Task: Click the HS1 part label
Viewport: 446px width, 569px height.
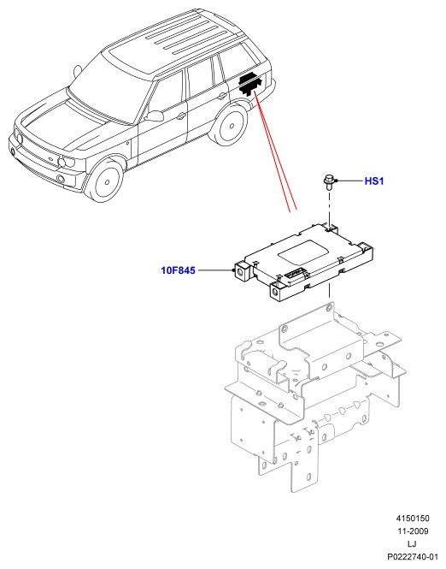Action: click(x=374, y=181)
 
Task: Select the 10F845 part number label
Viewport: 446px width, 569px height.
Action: click(x=178, y=270)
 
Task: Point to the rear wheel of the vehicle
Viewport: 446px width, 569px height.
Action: click(x=229, y=126)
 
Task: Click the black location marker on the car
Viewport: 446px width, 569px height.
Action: click(x=249, y=83)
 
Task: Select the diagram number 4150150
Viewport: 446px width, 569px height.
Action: click(x=413, y=519)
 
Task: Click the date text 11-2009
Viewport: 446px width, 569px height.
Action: click(x=413, y=531)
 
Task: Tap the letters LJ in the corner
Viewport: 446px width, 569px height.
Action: click(x=412, y=544)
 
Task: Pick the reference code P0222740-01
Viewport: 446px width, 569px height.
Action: click(x=413, y=557)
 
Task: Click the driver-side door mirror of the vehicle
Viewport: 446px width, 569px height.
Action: click(x=155, y=116)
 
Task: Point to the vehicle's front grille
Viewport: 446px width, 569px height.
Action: click(x=33, y=148)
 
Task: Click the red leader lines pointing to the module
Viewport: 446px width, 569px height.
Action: click(x=275, y=151)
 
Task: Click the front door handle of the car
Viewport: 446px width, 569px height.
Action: click(x=180, y=116)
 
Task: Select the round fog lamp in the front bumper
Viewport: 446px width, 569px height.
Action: click(x=61, y=178)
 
